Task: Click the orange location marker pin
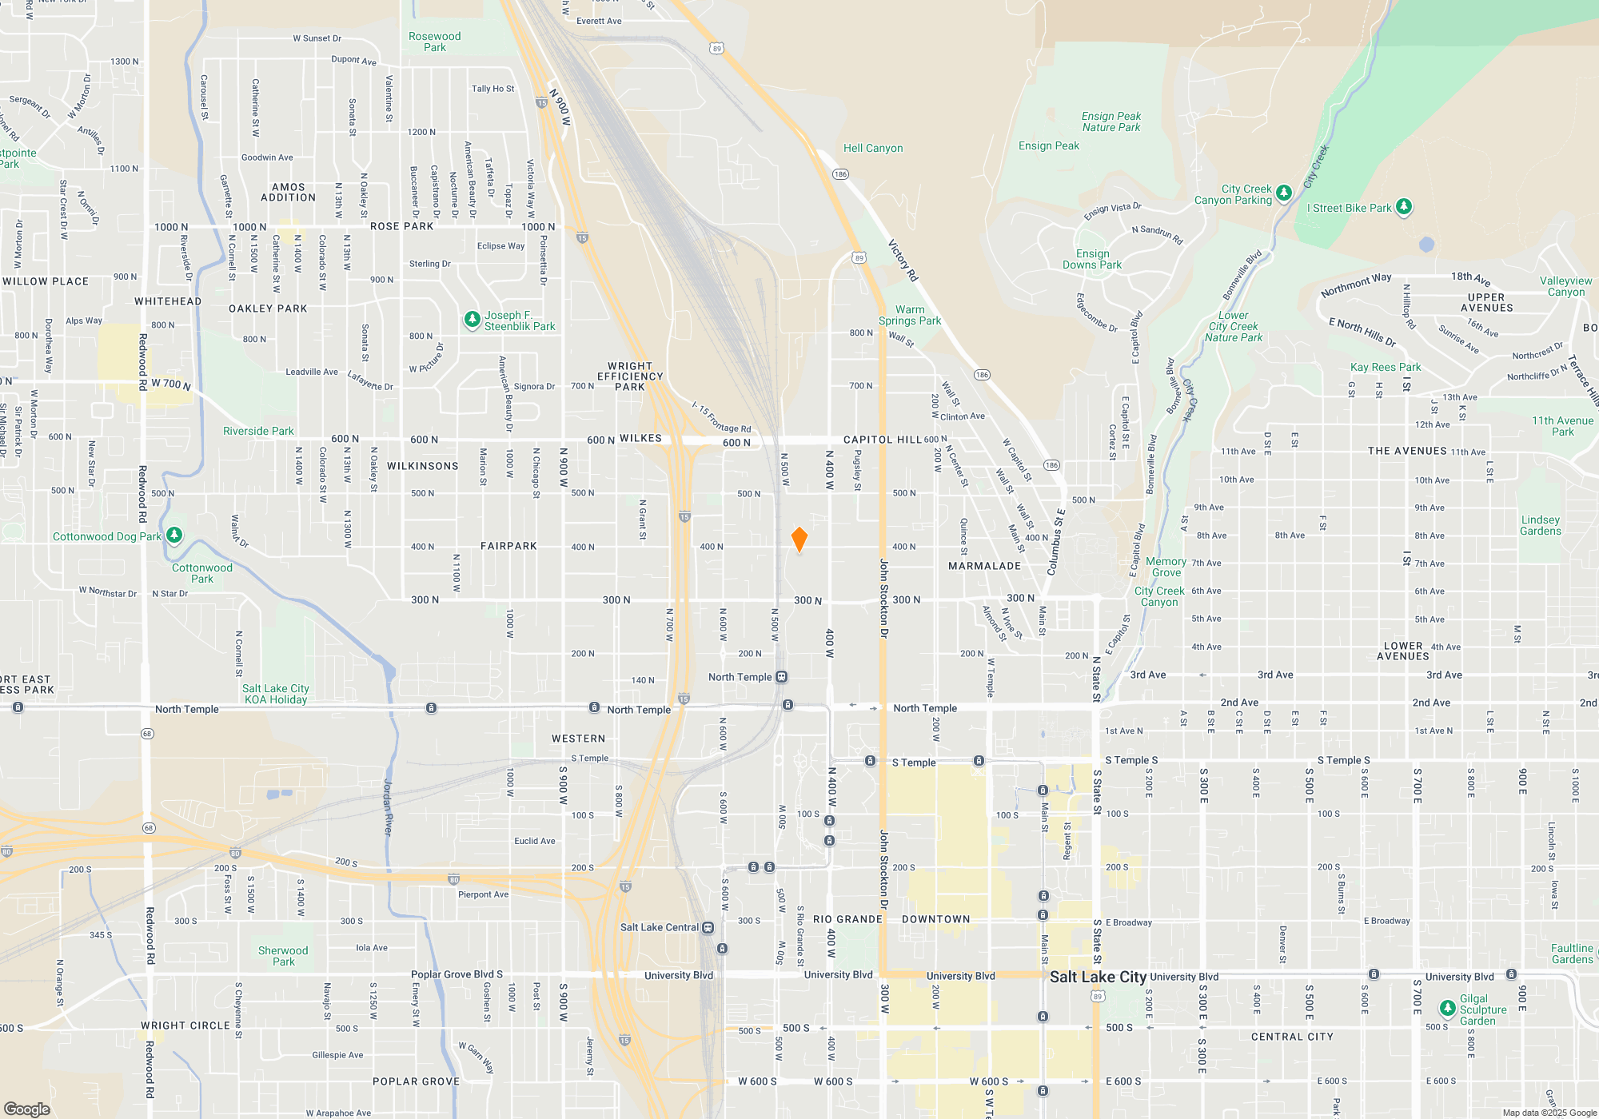[x=799, y=539]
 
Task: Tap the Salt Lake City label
[x=1098, y=977]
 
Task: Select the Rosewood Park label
[x=434, y=42]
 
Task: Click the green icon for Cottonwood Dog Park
[x=174, y=535]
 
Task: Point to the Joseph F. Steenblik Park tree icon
[x=473, y=320]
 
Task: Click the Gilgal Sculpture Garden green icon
[x=1447, y=1008]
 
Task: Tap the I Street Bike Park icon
[x=1404, y=207]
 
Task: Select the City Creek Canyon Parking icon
[x=1284, y=193]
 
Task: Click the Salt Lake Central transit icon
[x=708, y=927]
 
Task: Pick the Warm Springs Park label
[x=910, y=315]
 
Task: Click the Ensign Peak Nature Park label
[x=1111, y=121]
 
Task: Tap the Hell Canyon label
[x=873, y=148]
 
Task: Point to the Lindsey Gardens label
[x=1540, y=525]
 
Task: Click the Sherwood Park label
[x=283, y=956]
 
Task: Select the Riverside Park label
[x=258, y=431]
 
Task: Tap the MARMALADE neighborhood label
[x=984, y=566]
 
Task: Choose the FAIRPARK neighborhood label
[x=508, y=546]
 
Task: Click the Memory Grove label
[x=1166, y=567]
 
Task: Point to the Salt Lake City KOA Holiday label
[x=276, y=694]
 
